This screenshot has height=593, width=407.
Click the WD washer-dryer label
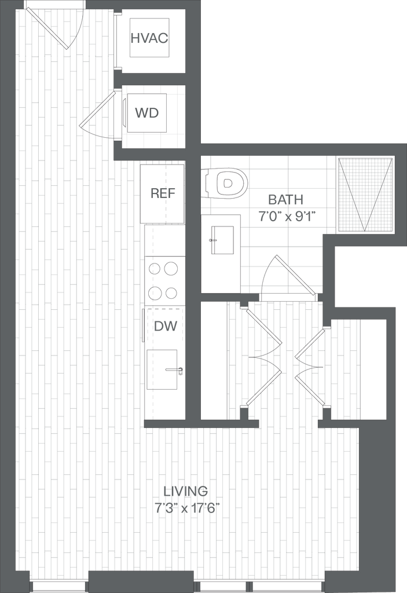tap(146, 113)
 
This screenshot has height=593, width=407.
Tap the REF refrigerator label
tap(163, 193)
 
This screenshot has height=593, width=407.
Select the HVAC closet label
tap(149, 39)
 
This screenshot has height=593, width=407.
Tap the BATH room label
tap(286, 200)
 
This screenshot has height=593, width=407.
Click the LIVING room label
tap(187, 492)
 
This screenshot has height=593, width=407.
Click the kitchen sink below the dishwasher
tap(164, 370)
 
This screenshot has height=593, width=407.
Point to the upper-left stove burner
tap(155, 268)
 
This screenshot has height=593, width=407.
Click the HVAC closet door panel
tap(115, 41)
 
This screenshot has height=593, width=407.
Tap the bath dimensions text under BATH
tap(286, 217)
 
